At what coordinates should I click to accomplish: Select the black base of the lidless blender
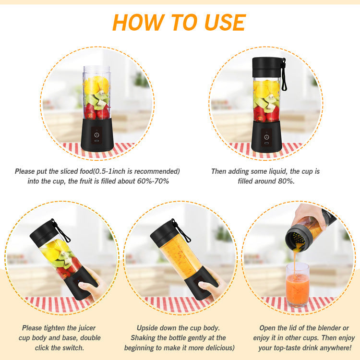(97, 134)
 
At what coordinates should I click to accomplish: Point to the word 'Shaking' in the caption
(143, 338)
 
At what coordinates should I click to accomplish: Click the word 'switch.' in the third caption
(73, 348)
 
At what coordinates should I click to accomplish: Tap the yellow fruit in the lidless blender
(92, 86)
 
